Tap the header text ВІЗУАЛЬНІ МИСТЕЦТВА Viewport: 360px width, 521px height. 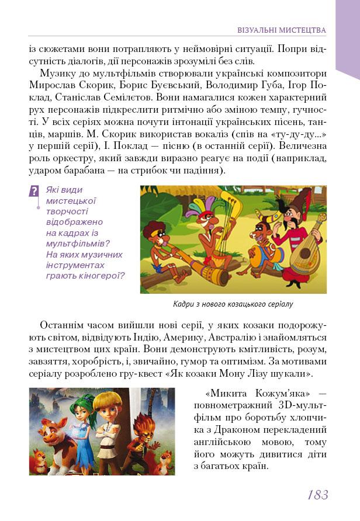click(282, 29)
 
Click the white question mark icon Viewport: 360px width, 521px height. click(34, 191)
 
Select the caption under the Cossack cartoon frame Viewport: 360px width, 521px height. click(233, 304)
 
